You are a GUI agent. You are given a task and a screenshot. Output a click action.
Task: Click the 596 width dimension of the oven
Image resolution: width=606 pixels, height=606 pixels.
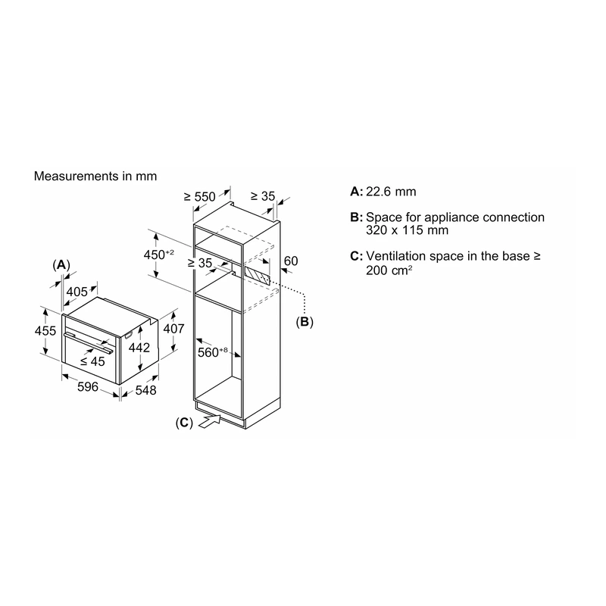[88, 387]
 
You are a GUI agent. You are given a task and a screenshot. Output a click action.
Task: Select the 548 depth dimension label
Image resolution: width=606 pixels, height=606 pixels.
[145, 390]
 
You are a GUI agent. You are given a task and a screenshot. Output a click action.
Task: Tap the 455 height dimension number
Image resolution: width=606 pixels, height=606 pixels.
[45, 331]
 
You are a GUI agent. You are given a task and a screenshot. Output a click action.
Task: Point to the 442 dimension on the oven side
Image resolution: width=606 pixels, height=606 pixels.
[139, 348]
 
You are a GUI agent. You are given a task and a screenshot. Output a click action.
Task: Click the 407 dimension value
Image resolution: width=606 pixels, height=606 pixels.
[173, 329]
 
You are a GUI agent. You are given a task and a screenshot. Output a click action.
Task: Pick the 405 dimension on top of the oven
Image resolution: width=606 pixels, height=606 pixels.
[77, 292]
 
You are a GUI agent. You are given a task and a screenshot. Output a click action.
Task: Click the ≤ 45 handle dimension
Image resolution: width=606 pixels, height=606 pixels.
[92, 361]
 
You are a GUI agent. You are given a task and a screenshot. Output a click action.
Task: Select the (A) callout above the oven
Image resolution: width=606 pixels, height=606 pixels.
[61, 265]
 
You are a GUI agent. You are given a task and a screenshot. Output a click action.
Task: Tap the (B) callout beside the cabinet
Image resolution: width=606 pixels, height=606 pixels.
[305, 321]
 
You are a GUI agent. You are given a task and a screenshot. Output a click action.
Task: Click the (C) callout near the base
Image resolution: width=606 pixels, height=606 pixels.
[184, 423]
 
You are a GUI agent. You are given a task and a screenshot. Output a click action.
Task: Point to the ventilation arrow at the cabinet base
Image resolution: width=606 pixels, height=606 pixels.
[210, 421]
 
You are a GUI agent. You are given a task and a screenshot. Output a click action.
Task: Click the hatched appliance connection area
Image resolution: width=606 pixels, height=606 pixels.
[257, 275]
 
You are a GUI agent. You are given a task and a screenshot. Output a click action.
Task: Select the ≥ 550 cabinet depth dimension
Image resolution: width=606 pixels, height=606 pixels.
[199, 197]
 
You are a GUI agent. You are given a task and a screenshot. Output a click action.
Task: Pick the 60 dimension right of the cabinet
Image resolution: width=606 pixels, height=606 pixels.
[291, 261]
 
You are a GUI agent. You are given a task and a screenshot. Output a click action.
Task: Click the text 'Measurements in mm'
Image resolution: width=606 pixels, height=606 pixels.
[95, 176]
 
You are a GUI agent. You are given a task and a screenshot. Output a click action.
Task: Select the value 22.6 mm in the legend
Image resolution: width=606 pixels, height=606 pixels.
[391, 192]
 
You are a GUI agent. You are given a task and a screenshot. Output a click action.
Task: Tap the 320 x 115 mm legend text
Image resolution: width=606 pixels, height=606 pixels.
[407, 230]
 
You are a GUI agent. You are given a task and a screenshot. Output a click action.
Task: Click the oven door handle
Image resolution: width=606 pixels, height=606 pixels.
[89, 342]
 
